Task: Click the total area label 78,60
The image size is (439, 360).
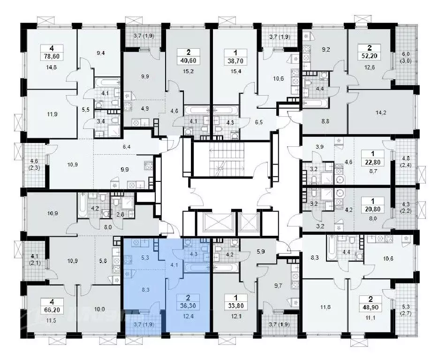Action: tap(52, 57)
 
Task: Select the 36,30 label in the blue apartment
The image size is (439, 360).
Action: tap(188, 306)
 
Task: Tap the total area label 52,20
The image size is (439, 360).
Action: tap(370, 56)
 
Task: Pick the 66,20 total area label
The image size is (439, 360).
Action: tap(52, 310)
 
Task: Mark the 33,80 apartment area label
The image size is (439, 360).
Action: tap(236, 306)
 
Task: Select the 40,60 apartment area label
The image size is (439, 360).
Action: tap(188, 60)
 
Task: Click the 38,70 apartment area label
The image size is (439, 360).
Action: tap(236, 60)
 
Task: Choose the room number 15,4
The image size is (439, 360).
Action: tap(236, 71)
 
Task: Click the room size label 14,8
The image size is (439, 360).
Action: tap(52, 67)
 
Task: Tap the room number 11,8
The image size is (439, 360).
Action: tap(325, 307)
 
